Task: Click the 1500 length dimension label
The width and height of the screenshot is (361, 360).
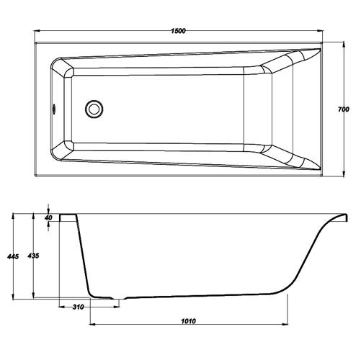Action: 178,31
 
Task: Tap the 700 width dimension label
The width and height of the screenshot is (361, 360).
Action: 344,109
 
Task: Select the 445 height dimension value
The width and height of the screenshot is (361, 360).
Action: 13,256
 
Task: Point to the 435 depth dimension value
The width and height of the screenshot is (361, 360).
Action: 33,256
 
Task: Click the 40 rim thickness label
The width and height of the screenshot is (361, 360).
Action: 48,217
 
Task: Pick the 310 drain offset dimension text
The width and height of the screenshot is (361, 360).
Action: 79,307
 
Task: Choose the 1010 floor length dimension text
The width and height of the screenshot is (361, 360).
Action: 188,321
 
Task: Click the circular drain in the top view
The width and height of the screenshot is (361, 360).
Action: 94,109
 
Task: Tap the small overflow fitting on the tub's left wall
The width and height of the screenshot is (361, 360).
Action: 54,109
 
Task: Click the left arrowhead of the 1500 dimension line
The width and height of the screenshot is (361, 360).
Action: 37,31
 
